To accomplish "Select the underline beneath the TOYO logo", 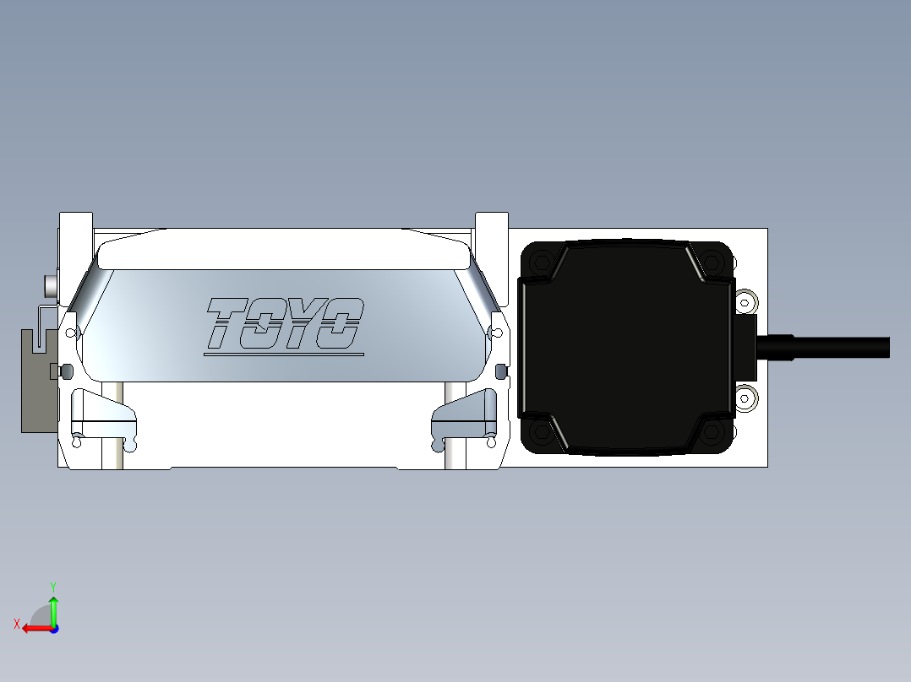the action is (x=284, y=354).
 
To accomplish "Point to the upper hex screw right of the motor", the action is (x=745, y=302).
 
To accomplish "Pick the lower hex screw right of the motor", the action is (x=745, y=398).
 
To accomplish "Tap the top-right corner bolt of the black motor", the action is (x=712, y=262).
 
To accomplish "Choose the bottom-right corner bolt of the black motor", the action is (x=712, y=431).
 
